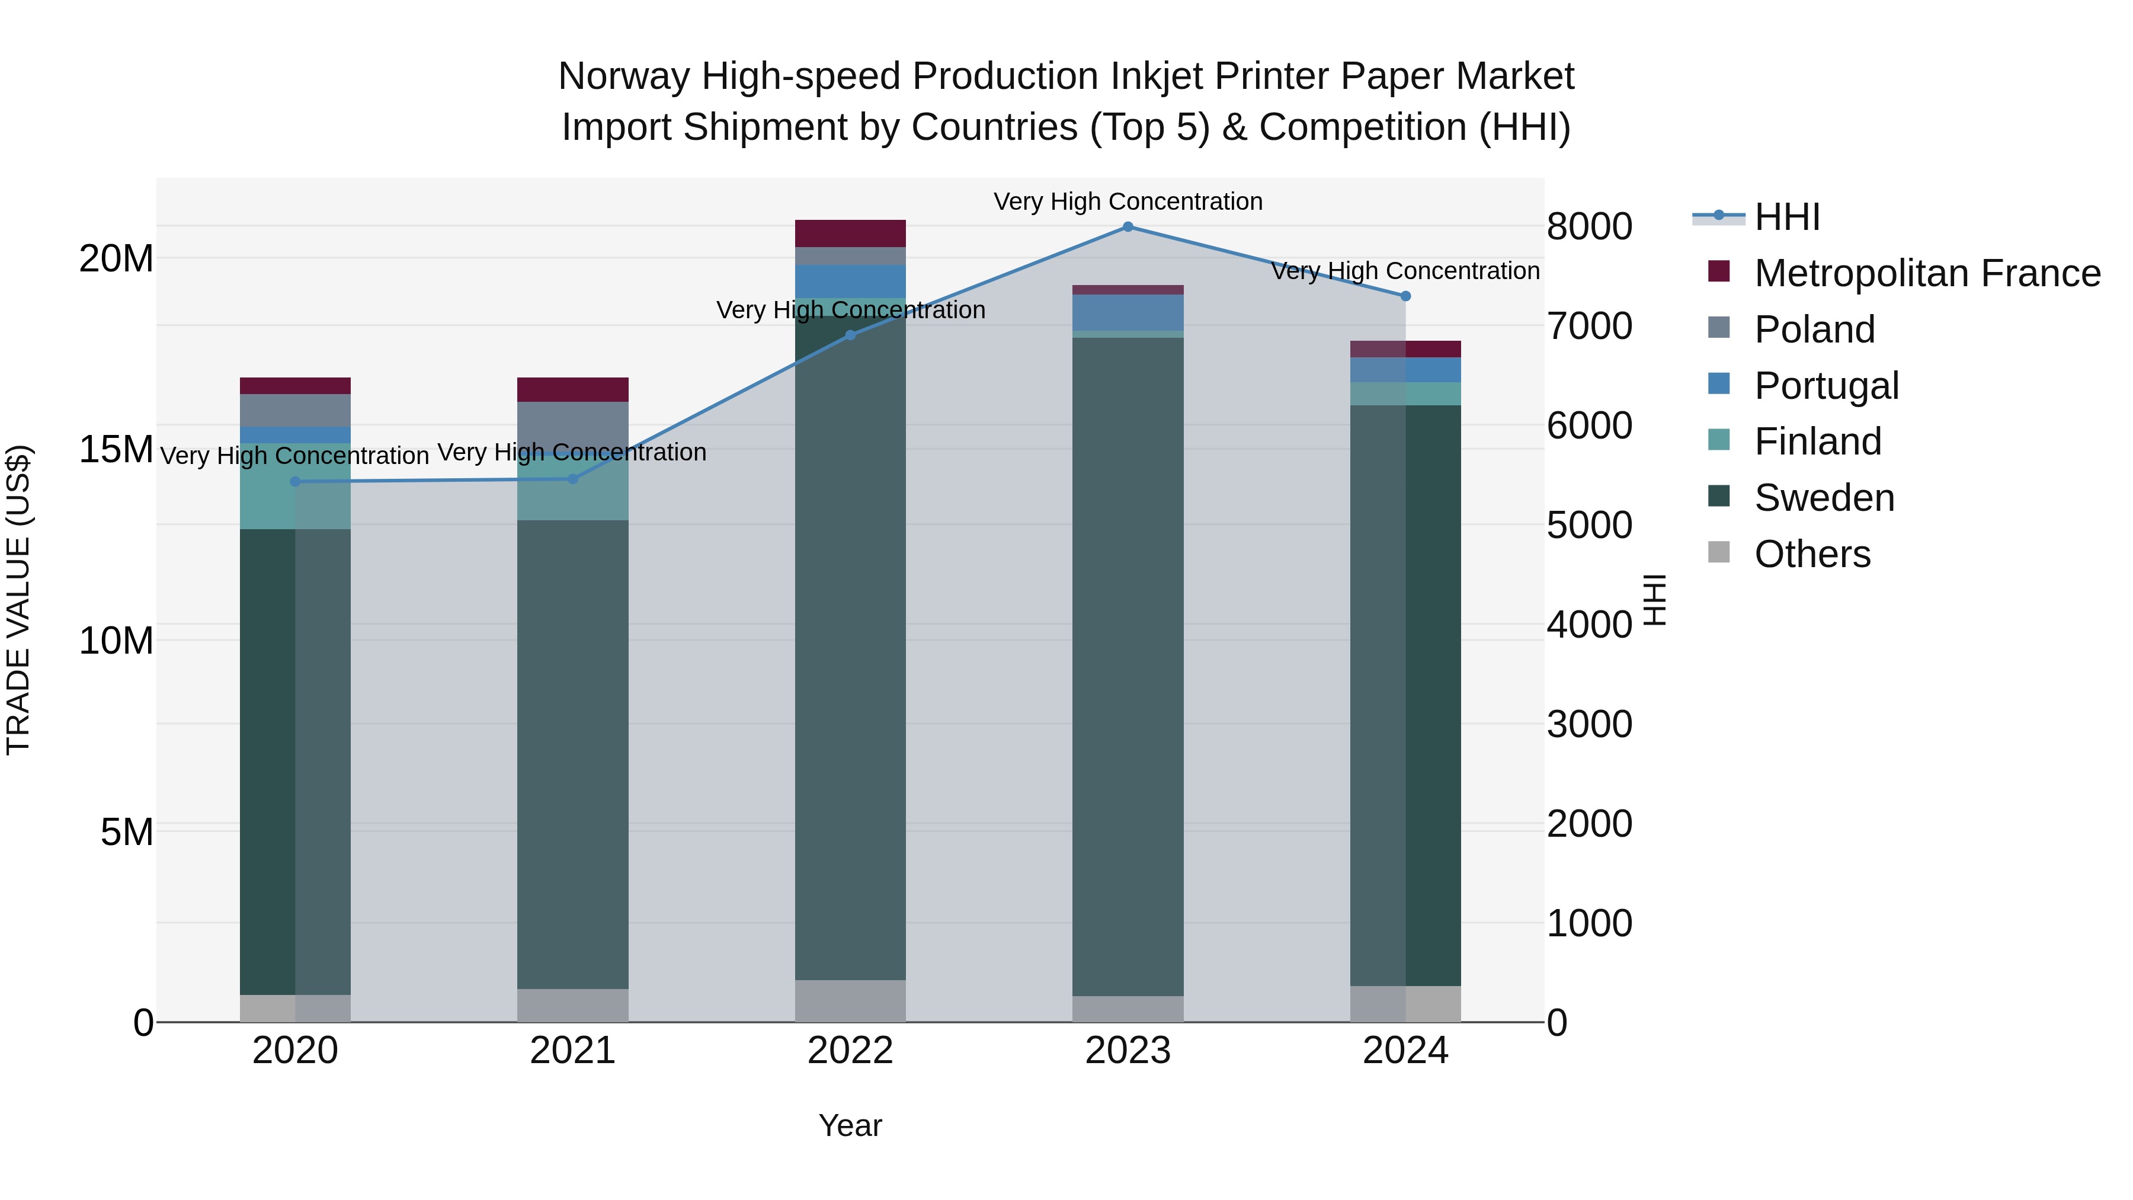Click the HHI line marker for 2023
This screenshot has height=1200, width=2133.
point(1128,227)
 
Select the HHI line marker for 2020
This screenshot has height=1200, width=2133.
point(296,481)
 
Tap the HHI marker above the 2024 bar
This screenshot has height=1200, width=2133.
point(1405,296)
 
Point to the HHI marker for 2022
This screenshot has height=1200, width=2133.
point(850,335)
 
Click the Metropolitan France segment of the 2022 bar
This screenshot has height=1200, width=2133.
point(850,233)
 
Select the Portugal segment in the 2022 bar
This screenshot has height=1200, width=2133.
point(850,281)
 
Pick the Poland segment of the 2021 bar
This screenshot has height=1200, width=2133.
point(573,427)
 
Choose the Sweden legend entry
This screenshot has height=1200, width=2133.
point(1824,498)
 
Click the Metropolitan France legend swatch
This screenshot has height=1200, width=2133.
point(1719,271)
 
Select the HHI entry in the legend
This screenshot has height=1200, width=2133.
point(1787,217)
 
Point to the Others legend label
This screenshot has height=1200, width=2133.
point(1812,554)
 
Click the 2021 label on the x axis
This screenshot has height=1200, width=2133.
point(573,1051)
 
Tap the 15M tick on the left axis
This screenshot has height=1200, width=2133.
point(116,450)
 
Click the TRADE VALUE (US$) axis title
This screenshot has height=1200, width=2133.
point(18,600)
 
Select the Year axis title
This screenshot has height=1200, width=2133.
point(850,1125)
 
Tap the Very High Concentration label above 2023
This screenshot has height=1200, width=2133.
point(1128,201)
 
